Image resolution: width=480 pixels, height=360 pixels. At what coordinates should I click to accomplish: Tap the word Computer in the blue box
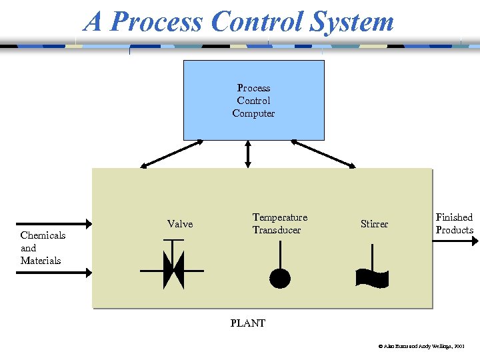[253, 113]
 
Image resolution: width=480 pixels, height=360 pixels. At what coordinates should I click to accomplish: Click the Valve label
[180, 224]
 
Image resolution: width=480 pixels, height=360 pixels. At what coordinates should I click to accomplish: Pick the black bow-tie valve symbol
[173, 270]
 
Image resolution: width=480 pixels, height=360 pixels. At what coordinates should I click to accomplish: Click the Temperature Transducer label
[279, 223]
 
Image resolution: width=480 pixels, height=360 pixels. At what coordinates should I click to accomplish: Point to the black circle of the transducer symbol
[280, 277]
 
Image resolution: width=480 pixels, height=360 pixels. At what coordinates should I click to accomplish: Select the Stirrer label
[374, 224]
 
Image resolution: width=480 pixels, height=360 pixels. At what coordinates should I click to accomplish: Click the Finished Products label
[454, 223]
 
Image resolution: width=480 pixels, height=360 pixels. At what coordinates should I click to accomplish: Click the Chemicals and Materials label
[43, 247]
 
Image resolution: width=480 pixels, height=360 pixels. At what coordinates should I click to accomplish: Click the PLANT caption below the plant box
[248, 323]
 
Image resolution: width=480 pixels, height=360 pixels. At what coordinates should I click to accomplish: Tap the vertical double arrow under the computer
[248, 153]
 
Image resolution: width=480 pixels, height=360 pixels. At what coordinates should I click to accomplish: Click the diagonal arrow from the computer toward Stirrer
[323, 153]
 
